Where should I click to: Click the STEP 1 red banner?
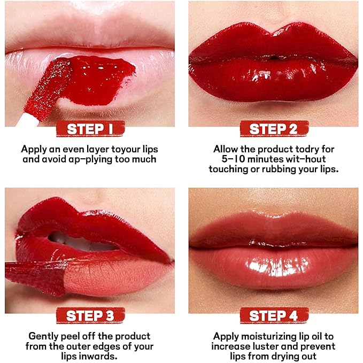tap(89, 129)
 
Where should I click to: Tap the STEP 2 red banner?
tap(273, 129)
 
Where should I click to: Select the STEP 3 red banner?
tap(89, 315)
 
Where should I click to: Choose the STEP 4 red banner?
tap(273, 315)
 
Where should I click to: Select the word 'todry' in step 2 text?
tap(300, 149)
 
